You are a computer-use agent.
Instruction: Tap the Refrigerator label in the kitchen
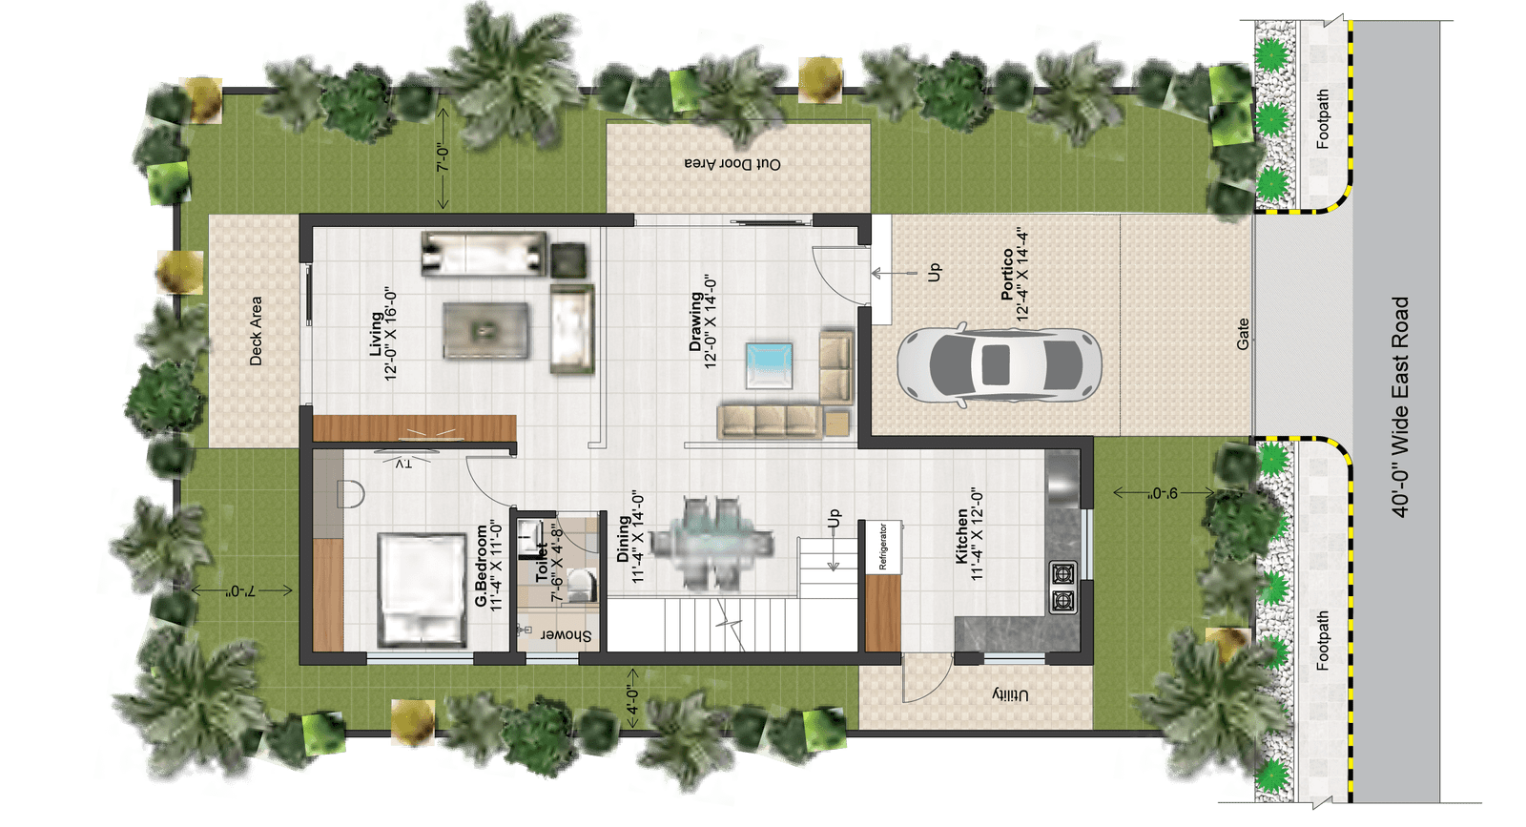[x=883, y=547]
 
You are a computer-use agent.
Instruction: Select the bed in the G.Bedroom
[x=423, y=589]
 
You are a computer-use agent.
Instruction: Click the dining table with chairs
[x=711, y=544]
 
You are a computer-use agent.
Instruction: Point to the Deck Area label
[x=256, y=331]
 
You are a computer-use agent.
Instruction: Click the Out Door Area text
[x=732, y=164]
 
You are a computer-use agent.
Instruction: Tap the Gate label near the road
[x=1243, y=335]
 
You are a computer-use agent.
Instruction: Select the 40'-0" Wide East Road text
[x=1400, y=406]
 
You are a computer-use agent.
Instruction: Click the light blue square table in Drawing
[x=769, y=365]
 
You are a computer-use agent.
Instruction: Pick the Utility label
[x=1010, y=695]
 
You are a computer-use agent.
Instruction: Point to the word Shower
[x=567, y=635]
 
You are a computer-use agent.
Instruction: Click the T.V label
[x=403, y=464]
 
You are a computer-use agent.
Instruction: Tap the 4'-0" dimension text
[x=632, y=700]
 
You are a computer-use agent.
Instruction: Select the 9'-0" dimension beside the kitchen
[x=1163, y=492]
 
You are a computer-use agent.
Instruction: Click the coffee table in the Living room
[x=485, y=330]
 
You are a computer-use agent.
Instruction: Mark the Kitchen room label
[x=969, y=535]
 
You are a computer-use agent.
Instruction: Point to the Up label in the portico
[x=934, y=273]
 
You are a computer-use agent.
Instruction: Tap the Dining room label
[x=630, y=538]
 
